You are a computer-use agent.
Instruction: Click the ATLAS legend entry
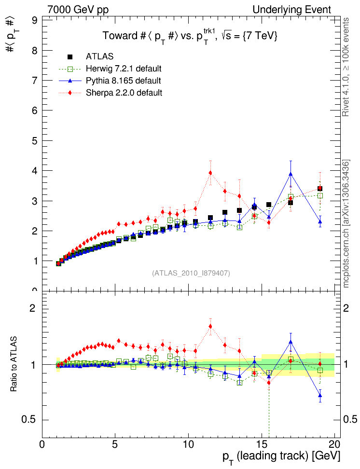tap(100, 56)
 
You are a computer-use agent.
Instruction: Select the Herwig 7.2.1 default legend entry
tap(124, 69)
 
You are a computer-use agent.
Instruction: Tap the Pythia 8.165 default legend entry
tap(123, 81)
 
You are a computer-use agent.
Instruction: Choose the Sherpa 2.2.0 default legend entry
tap(124, 93)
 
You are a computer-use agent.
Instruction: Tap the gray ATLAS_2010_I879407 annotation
tap(191, 273)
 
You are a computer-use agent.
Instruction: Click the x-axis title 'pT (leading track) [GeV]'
tap(281, 456)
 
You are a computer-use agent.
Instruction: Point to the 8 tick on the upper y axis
tap(35, 51)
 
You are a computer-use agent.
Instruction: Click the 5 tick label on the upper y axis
tap(35, 141)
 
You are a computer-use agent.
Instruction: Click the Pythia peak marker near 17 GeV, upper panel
tap(291, 174)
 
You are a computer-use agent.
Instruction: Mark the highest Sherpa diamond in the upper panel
tap(210, 173)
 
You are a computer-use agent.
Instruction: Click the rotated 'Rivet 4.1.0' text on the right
tap(346, 68)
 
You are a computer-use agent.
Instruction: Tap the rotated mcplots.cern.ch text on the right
tap(346, 224)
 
